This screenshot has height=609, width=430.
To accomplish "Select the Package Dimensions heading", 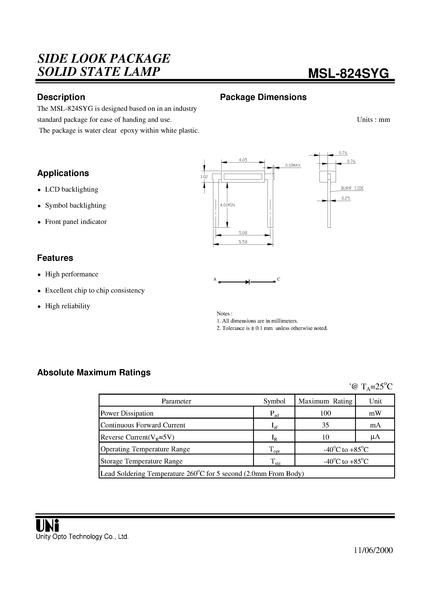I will [x=263, y=97].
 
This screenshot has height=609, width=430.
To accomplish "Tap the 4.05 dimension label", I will [x=243, y=160].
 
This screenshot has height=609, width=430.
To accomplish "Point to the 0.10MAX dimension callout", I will [x=293, y=165].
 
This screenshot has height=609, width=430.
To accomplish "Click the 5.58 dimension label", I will [x=243, y=242].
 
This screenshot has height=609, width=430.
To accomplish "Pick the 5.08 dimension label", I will [x=243, y=233].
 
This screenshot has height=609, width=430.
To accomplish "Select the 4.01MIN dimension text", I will [x=227, y=205].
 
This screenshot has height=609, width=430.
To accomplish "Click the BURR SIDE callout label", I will [x=352, y=188].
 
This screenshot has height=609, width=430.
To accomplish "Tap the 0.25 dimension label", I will [x=346, y=198].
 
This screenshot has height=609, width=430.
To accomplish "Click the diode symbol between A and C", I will [x=248, y=282].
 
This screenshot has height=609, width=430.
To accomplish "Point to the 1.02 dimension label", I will [x=204, y=177].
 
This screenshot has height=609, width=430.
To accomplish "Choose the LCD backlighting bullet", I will [x=71, y=189].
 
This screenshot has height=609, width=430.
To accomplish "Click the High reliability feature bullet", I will [x=67, y=306].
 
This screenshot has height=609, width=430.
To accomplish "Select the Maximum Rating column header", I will [x=325, y=401].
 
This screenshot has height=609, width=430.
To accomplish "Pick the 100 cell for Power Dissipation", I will [x=325, y=413].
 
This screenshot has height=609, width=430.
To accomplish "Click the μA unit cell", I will [x=375, y=437].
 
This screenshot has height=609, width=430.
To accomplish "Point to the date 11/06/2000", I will [x=373, y=550].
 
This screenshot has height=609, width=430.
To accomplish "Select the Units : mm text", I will [x=373, y=120].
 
